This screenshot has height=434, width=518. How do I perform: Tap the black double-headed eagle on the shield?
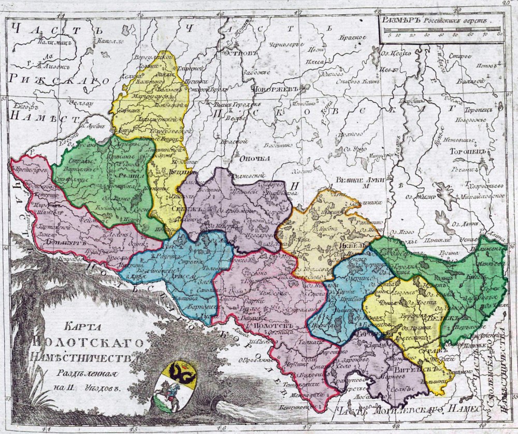181,372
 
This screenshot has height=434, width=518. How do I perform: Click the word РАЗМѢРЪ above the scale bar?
399,21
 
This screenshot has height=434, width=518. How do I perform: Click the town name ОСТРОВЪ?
240,52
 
